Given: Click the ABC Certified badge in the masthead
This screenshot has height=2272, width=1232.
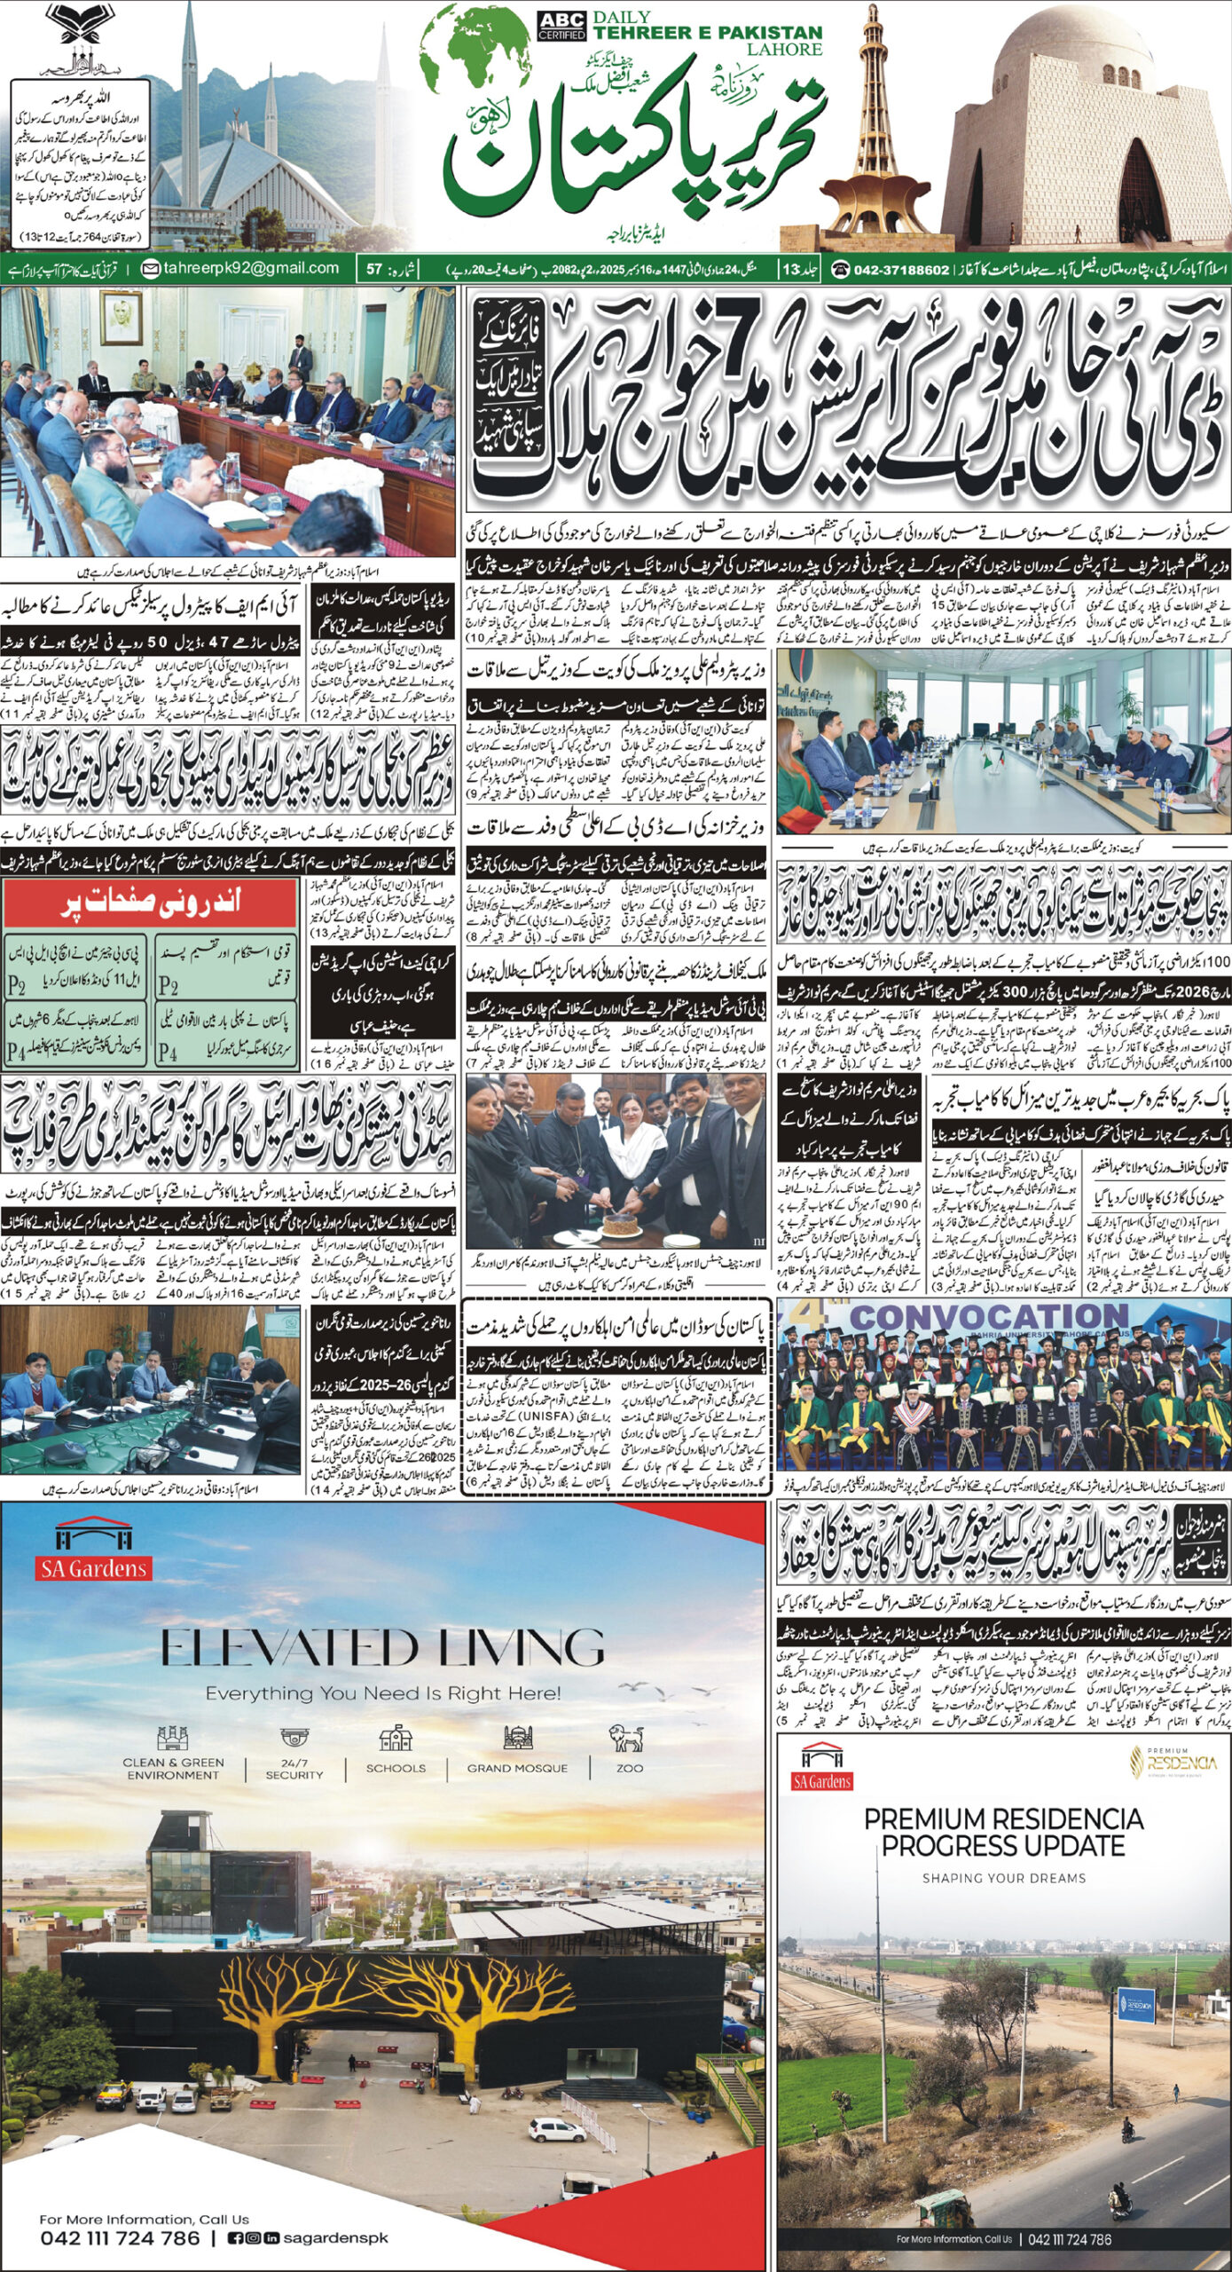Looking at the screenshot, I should pos(561,26).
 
